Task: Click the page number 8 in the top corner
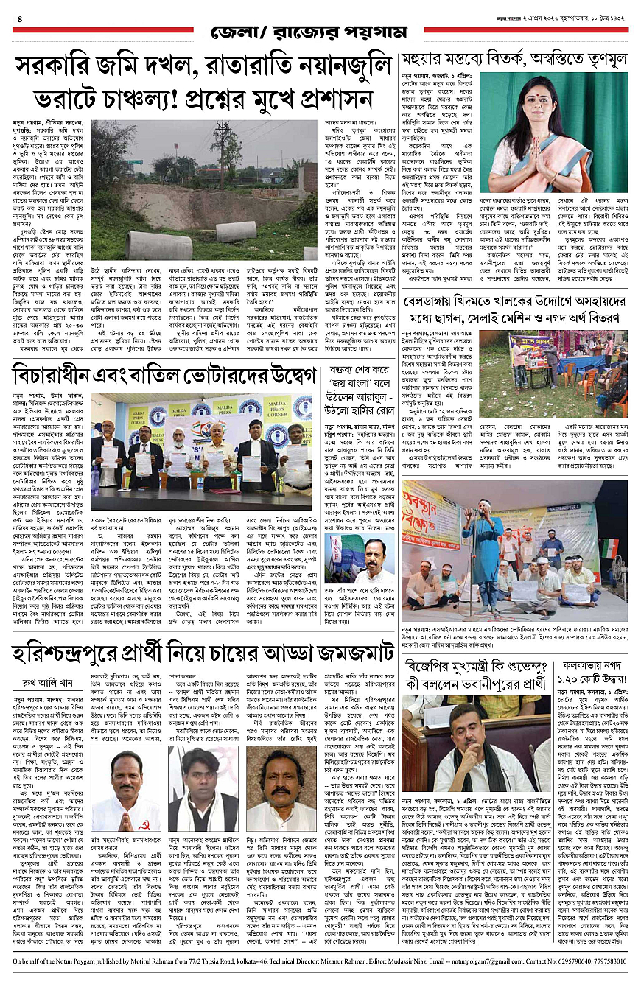(19, 18)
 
